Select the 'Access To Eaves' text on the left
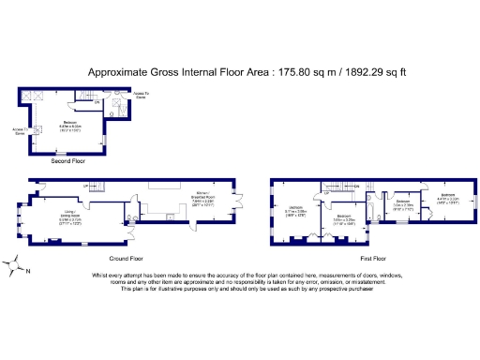coord(19,130)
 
